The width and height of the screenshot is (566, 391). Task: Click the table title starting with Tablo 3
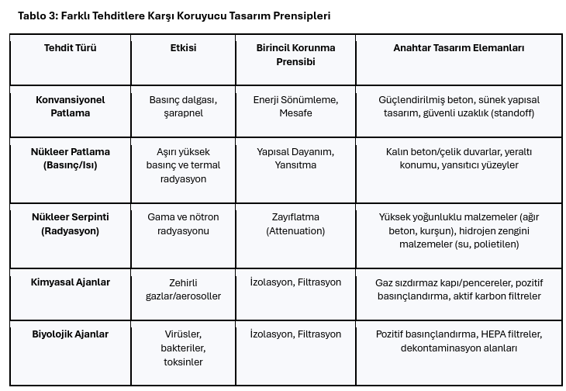pos(174,16)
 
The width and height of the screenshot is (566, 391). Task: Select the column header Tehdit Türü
pos(70,48)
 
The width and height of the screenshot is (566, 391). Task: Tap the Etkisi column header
pos(183,48)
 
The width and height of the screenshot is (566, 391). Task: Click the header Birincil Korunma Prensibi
pos(295,54)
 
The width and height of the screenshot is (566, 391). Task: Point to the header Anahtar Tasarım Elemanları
pos(458,48)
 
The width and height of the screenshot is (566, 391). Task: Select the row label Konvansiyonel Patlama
pos(70,106)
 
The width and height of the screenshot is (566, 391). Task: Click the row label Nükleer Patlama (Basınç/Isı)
pos(70,158)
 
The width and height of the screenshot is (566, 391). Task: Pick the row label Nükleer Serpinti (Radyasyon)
pos(70,224)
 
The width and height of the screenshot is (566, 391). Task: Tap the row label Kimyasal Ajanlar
pos(70,282)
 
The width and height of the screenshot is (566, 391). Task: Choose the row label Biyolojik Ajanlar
pos(70,334)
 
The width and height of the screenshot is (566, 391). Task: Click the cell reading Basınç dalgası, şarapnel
pos(183,106)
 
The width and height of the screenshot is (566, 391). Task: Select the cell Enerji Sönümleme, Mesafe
pos(295,106)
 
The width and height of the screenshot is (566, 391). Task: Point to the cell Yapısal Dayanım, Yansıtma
pos(295,158)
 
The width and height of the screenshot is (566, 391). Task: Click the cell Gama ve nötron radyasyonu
pos(183,224)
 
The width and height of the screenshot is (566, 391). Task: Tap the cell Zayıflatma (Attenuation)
pos(295,224)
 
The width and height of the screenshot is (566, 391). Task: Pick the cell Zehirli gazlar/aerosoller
pos(183,289)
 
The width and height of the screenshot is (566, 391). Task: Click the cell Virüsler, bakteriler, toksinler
pos(183,348)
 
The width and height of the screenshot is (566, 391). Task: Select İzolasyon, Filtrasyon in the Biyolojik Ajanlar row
pos(295,334)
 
